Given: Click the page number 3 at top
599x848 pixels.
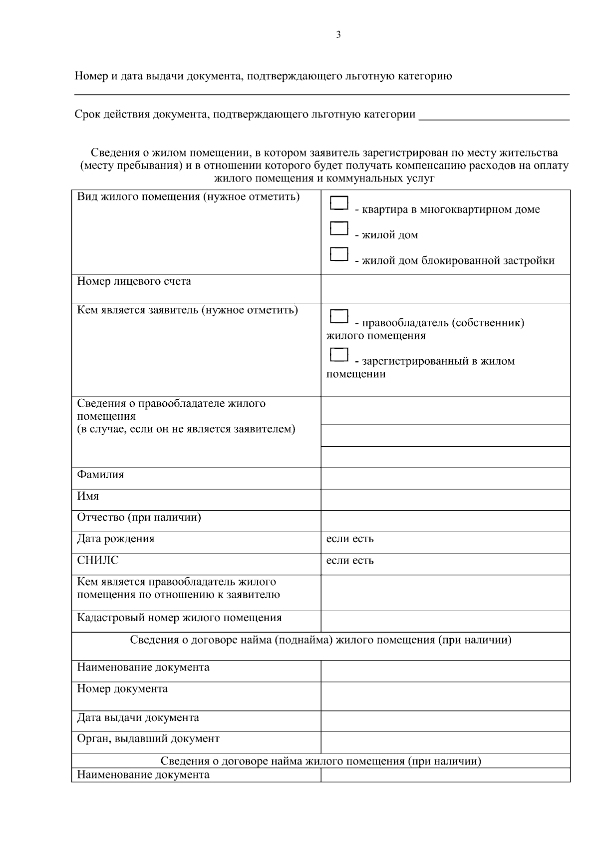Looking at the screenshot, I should pos(338,35).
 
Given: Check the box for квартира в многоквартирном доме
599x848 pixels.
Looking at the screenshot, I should pos(339,203).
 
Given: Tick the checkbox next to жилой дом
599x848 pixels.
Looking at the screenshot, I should pos(339,228).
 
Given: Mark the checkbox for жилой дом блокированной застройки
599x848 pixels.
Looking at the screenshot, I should pos(339,254).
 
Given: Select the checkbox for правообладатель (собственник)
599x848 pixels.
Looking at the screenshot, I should pos(339,316).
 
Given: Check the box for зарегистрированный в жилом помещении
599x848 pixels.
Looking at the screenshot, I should pos(339,354).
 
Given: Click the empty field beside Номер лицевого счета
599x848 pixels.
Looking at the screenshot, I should pos(445,288).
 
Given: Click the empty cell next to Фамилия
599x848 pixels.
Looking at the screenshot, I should pos(445,478).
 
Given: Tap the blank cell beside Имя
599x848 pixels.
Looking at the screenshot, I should pos(445,500).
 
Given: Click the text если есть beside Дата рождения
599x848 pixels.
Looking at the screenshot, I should pos(350,539).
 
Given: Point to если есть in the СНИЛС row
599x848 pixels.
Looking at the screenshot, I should pos(350,561).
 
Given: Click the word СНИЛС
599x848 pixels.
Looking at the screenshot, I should pos(98,561).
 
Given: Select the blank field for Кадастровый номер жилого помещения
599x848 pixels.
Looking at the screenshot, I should pos(445,621).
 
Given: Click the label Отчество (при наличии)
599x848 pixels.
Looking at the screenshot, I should pos(139,518).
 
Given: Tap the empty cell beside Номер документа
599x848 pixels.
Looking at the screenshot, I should pos(445,696).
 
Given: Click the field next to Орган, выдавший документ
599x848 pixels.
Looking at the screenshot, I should pos(445,742).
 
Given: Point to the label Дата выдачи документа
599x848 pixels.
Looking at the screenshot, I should pos(138,718).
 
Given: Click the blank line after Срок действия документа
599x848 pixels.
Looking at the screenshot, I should pos(494,115).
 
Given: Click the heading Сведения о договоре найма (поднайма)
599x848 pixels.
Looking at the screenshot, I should pos(320,640).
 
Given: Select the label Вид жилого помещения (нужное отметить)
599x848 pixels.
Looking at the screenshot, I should pos(188,197).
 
